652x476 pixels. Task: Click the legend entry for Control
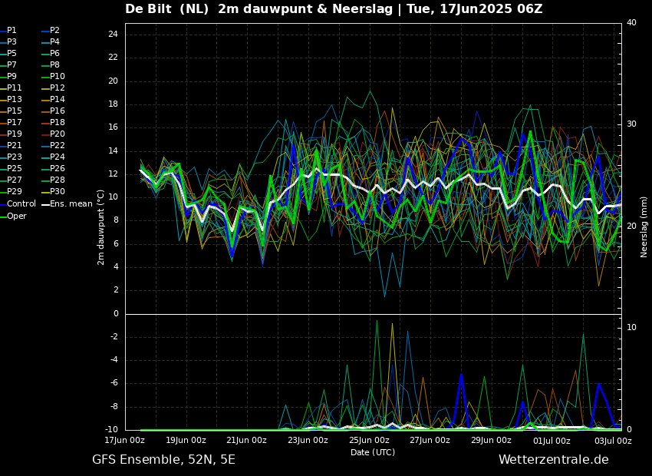pyautogui.click(x=21, y=204)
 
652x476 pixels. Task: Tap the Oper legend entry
pyautogui.click(x=17, y=216)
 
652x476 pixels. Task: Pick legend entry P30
pyautogui.click(x=57, y=192)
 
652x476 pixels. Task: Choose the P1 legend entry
pyautogui.click(x=12, y=31)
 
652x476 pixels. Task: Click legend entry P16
pyautogui.click(x=57, y=111)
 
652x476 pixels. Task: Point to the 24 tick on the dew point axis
pyautogui.click(x=113, y=35)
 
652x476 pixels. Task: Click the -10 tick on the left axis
pyautogui.click(x=111, y=430)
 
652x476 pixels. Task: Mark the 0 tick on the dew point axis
pyautogui.click(x=115, y=314)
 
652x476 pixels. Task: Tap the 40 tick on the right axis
pyautogui.click(x=631, y=23)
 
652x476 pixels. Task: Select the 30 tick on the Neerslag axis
pyautogui.click(x=631, y=124)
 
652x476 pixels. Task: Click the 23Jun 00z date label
pyautogui.click(x=308, y=441)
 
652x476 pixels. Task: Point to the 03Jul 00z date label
pyautogui.click(x=613, y=441)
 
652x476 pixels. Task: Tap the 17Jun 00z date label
pyautogui.click(x=124, y=441)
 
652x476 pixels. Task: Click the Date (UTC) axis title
pyautogui.click(x=373, y=452)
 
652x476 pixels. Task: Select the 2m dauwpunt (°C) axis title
pyautogui.click(x=101, y=227)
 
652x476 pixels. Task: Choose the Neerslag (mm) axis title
pyautogui.click(x=644, y=227)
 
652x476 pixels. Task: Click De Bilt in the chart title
pyautogui.click(x=152, y=9)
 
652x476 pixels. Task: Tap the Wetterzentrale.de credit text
pyautogui.click(x=553, y=460)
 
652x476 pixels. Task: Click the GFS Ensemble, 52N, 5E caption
pyautogui.click(x=163, y=460)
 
